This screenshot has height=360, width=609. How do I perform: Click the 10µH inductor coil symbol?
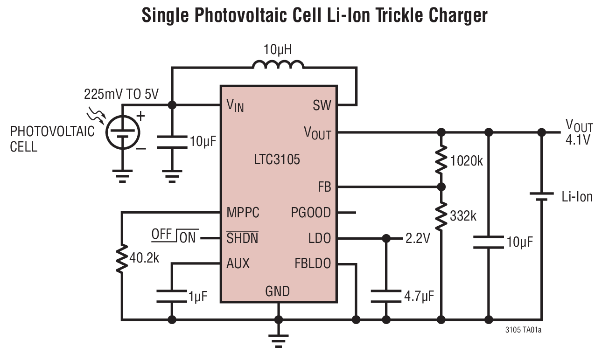279,65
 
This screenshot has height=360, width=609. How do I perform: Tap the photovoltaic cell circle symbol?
122,132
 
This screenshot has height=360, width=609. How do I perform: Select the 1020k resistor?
441,160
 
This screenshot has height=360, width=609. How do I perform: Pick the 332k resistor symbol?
441,215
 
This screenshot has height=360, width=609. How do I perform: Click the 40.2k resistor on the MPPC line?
122,258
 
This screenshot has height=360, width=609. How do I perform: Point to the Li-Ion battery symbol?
541,196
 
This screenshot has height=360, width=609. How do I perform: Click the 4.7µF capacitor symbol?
386,296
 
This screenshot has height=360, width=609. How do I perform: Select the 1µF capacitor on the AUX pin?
172,296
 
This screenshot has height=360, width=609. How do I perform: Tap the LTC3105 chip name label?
277,160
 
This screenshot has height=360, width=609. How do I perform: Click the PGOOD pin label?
311,213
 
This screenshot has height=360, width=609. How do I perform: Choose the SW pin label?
322,105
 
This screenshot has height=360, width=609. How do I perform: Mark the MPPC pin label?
243,213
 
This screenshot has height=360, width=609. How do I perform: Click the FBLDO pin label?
312,263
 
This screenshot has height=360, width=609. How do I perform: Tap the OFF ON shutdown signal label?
174,236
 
